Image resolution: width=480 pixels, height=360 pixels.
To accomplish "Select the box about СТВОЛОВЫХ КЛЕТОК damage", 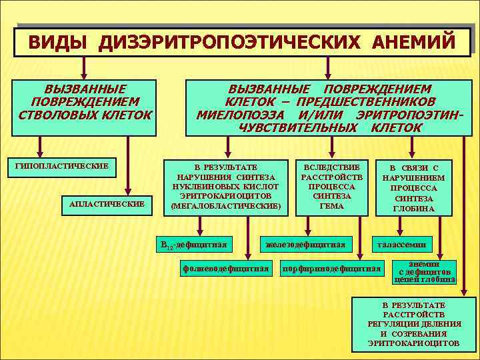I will point(85,102).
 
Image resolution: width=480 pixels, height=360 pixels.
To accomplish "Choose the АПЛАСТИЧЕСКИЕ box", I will point(107,203).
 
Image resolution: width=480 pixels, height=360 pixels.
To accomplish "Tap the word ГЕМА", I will point(332,206).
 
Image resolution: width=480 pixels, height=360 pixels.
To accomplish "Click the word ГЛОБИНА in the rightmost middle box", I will point(414,209).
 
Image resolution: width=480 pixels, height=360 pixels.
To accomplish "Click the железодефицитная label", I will point(305,245).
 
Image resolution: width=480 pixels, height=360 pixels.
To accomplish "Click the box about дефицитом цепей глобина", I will point(425,272).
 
